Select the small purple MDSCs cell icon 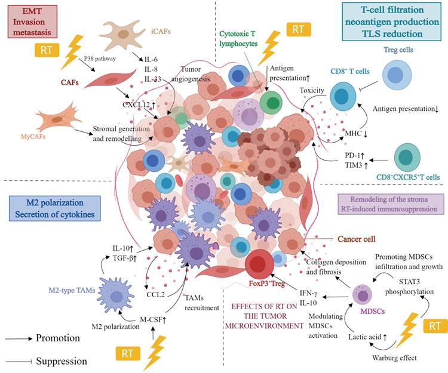pos(362,294)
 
